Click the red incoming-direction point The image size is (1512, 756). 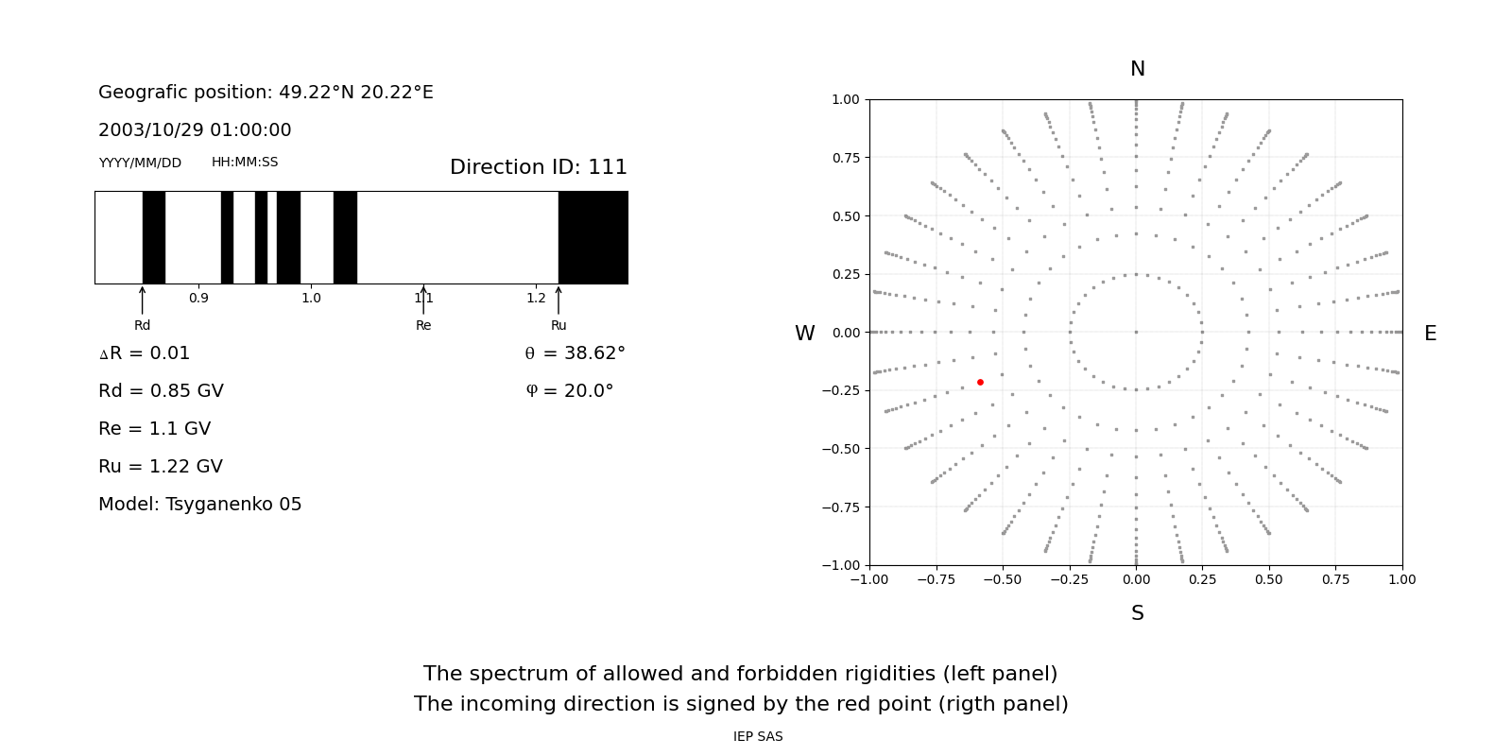[x=980, y=382]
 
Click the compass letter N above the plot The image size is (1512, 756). [x=1137, y=69]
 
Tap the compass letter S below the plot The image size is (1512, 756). [x=1137, y=613]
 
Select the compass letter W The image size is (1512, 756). [x=804, y=334]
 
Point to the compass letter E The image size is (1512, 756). [x=1430, y=334]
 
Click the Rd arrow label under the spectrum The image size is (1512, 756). [x=142, y=325]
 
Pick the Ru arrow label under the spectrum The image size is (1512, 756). [x=558, y=325]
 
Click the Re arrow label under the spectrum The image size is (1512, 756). [x=423, y=325]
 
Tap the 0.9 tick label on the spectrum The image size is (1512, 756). [x=198, y=298]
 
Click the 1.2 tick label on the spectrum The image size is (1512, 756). [x=536, y=298]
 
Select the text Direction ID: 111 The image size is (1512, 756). [x=538, y=167]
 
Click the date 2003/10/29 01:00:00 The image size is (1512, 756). [x=195, y=130]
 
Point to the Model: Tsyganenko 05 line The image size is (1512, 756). [x=199, y=505]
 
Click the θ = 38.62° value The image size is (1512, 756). [x=575, y=353]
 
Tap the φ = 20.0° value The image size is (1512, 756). [x=569, y=391]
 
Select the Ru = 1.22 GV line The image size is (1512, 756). [x=161, y=467]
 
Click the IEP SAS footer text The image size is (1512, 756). [x=758, y=736]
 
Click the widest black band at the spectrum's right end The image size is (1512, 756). [x=593, y=237]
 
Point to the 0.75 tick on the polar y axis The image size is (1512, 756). [x=845, y=158]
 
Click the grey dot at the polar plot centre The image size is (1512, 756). [x=1136, y=332]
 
